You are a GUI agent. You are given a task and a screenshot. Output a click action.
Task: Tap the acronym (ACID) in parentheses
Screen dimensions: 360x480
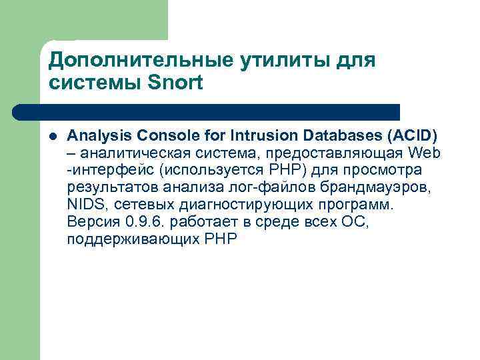411,137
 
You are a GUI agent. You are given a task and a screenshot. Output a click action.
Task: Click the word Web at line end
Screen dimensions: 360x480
426,154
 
